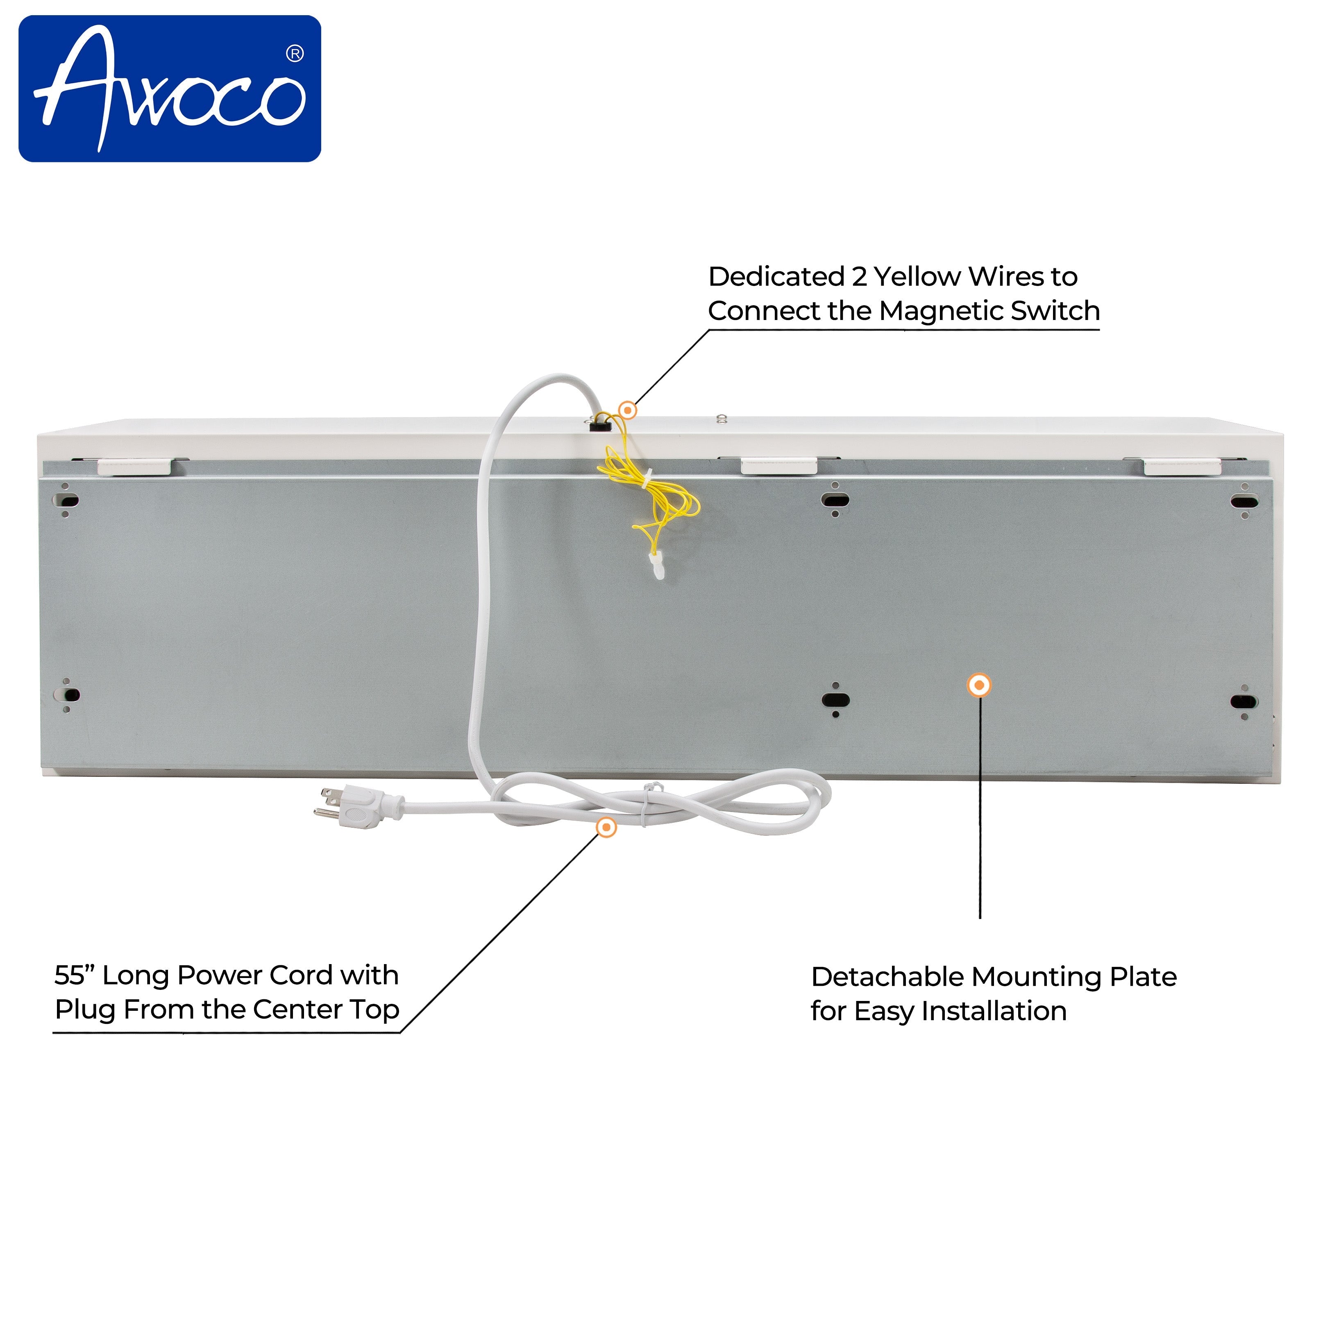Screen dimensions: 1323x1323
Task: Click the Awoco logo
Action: click(170, 89)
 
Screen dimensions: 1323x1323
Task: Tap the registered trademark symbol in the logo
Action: click(295, 53)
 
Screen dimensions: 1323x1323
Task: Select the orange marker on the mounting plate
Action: click(979, 685)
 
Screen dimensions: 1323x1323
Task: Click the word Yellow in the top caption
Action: click(918, 277)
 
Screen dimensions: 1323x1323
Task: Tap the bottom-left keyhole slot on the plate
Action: click(66, 695)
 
